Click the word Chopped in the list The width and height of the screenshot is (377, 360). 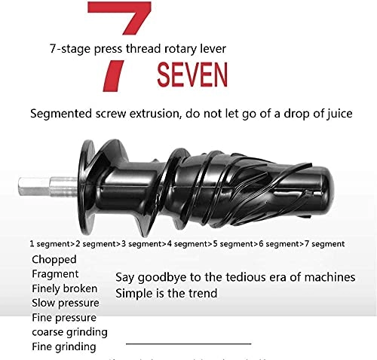pos(54,260)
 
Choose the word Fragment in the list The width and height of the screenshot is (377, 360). pos(55,274)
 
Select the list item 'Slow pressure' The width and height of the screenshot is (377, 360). pos(65,303)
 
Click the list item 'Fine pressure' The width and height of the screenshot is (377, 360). pos(64,317)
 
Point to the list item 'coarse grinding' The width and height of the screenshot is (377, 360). pos(69,331)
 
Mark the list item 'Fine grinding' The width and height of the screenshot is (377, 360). pos(63,346)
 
